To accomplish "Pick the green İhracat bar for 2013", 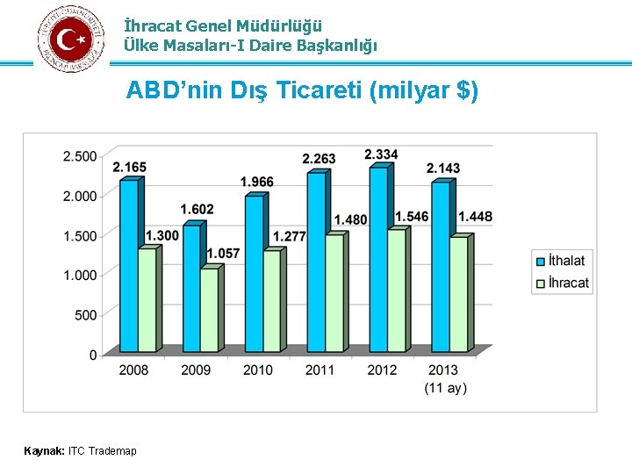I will pos(457,294).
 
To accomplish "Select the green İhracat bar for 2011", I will pos(334,293).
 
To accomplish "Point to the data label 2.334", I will pos(381,154).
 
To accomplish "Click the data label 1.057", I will pos(223,254).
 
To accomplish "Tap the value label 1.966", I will pos(256,182).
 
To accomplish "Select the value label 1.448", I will pos(475,217).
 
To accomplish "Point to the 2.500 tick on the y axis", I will pos(80,156).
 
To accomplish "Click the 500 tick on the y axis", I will pos(86,315).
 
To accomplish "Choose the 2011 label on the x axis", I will pos(320,370).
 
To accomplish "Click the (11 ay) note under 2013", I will pos(445,388).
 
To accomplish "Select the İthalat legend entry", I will pos(566,261).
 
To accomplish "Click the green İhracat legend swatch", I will pos(540,283).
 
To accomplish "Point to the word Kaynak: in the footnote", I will pos(44,451).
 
